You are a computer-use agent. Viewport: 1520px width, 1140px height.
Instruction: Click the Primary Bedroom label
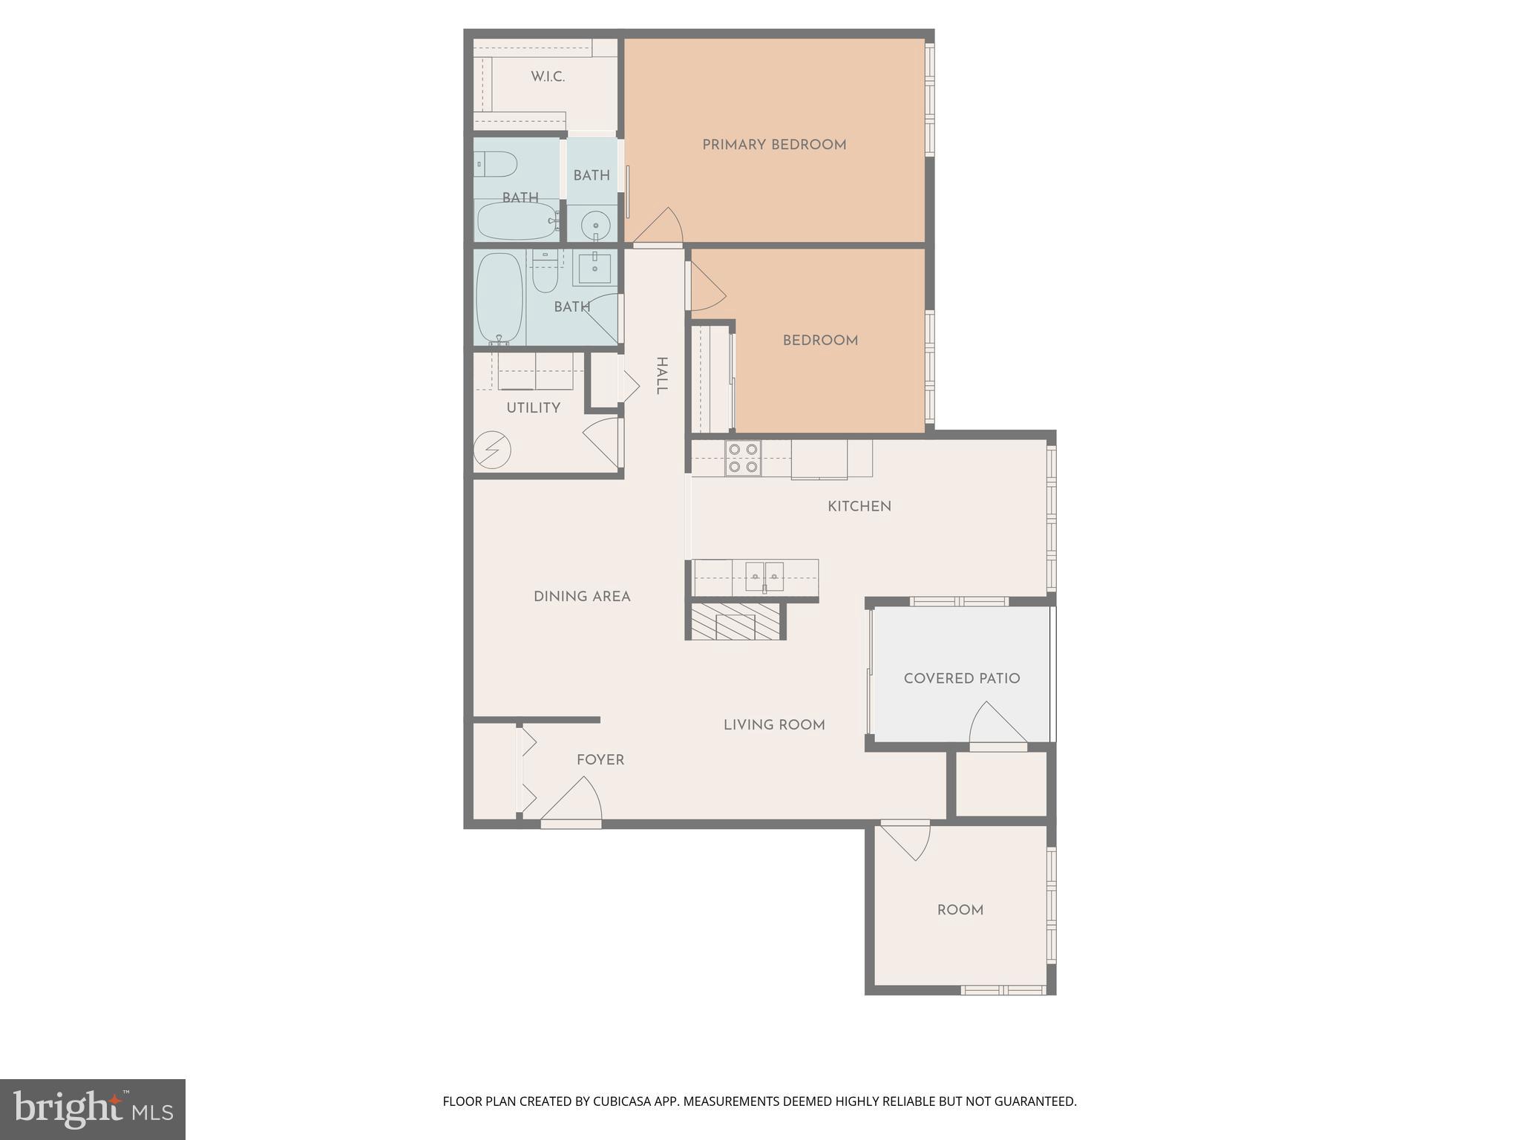[x=774, y=145]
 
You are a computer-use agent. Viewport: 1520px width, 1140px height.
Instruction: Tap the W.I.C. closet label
[x=548, y=76]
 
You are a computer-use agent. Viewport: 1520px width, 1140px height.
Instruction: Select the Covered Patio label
[x=961, y=678]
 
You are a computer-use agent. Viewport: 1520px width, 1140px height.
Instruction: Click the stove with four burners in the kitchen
[x=743, y=458]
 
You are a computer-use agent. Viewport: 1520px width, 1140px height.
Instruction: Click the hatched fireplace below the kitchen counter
[x=733, y=622]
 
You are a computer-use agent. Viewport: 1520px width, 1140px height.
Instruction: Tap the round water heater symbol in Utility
[x=492, y=450]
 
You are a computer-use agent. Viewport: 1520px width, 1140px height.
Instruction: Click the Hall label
[x=661, y=376]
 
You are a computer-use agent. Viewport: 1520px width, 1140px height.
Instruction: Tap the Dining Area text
[x=582, y=597]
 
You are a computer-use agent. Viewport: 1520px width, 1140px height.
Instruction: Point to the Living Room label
[x=774, y=725]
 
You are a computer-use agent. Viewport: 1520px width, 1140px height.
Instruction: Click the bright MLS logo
[x=93, y=1110]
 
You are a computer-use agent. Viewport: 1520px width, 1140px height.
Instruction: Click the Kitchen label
[x=859, y=506]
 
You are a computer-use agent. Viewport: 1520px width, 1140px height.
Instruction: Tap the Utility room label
[x=533, y=408]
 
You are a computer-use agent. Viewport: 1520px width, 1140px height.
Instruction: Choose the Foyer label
[x=600, y=760]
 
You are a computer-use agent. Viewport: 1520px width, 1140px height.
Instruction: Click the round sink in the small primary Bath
[x=595, y=225]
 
